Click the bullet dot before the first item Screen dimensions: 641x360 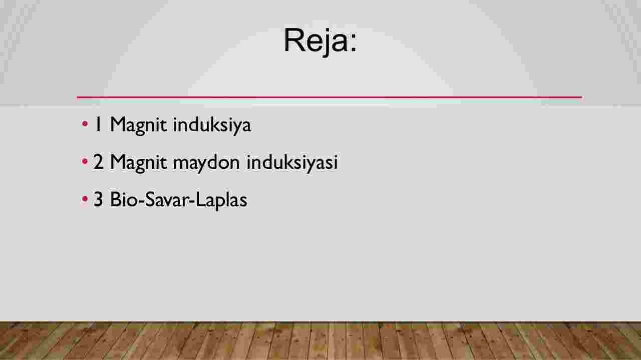pos(85,124)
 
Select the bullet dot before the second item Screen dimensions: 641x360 pos(85,161)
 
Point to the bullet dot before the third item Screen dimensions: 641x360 pos(85,199)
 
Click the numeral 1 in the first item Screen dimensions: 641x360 pos(98,124)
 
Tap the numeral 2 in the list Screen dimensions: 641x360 pos(98,162)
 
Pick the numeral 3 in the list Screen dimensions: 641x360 pos(98,199)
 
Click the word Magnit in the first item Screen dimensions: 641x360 pos(139,126)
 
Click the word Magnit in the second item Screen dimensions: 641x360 pos(139,163)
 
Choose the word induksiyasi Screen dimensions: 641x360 pos(292,162)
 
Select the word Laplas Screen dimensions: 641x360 pos(221,201)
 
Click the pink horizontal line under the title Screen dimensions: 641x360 pos(330,98)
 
